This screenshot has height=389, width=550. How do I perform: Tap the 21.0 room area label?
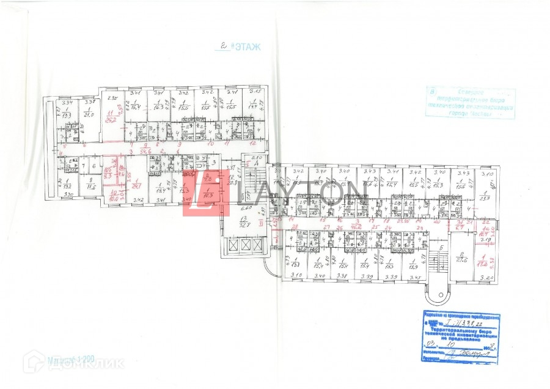[x=89, y=115]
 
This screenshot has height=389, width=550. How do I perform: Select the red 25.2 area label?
[x=110, y=119]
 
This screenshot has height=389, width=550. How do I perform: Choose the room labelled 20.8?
[x=232, y=182]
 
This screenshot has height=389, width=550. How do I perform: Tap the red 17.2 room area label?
[x=483, y=264]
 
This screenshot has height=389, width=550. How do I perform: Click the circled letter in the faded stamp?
[x=433, y=92]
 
